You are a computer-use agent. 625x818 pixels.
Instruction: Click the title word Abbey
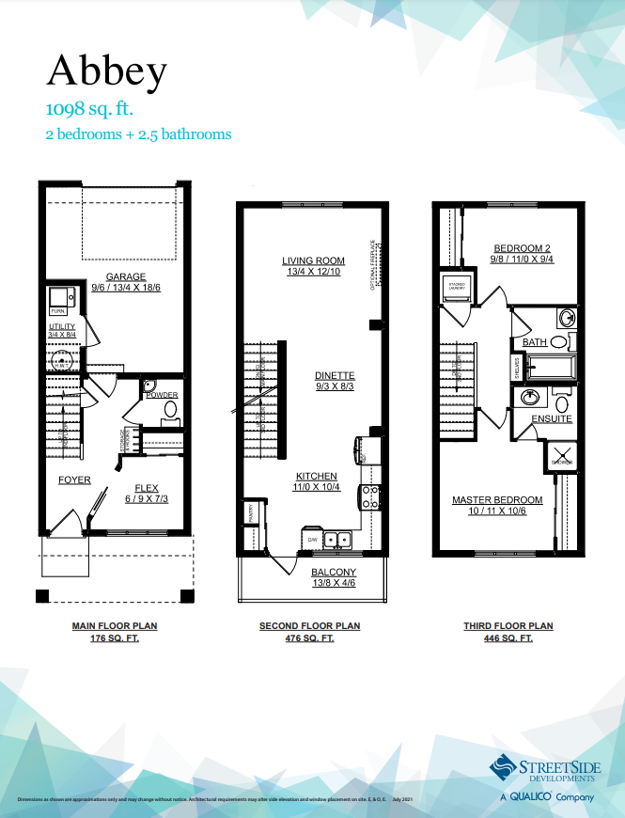(107, 71)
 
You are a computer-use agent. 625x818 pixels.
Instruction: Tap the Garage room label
(125, 276)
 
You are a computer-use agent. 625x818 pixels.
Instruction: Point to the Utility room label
(62, 326)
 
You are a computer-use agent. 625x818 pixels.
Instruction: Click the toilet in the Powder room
(170, 409)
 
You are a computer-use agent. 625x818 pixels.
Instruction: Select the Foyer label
(74, 480)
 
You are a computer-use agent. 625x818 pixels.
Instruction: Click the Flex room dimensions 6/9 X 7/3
(146, 498)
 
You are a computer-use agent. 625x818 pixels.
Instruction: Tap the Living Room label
(313, 260)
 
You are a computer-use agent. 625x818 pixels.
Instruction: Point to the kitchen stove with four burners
(370, 495)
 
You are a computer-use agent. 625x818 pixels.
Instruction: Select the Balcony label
(334, 572)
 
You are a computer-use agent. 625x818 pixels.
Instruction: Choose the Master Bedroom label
(497, 499)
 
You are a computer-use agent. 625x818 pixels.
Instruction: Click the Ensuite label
(552, 418)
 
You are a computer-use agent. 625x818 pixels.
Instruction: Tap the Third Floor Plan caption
(508, 625)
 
